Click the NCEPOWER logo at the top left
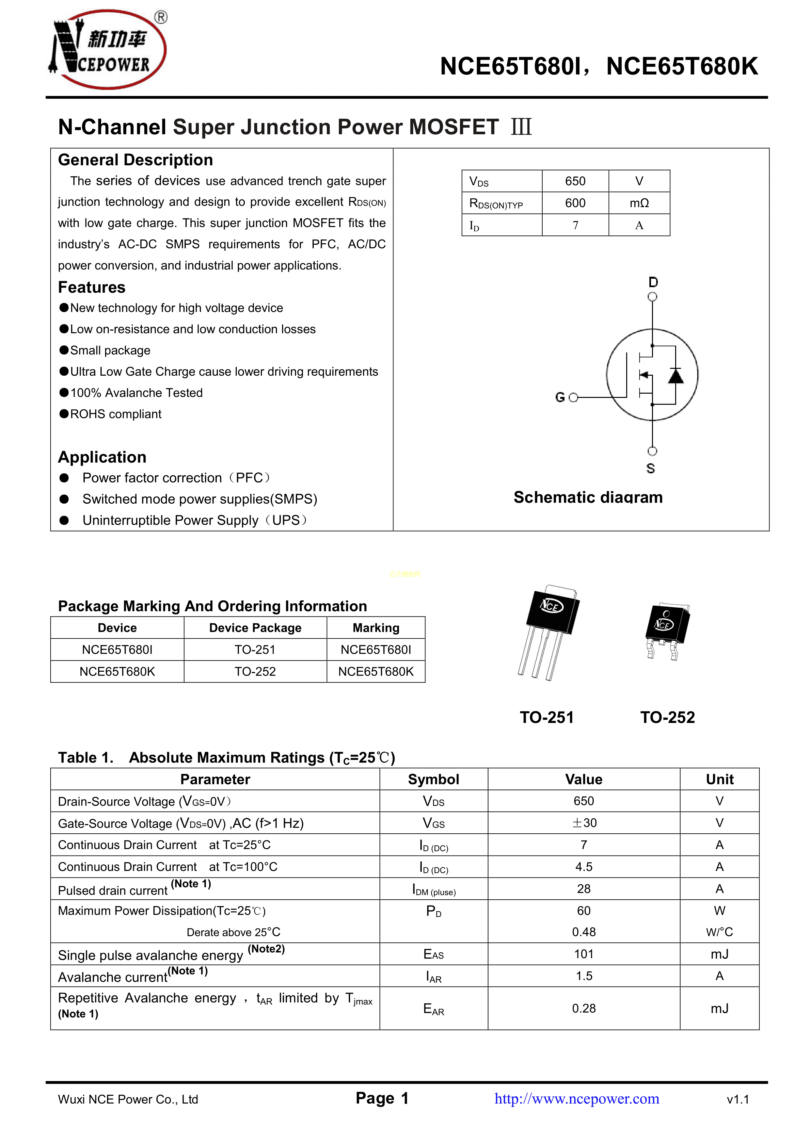coord(107,49)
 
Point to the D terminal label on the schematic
coord(653,283)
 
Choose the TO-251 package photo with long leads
coord(548,631)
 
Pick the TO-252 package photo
coord(667,630)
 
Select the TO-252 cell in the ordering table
coord(255,671)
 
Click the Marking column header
coord(376,628)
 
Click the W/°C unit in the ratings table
coord(719,932)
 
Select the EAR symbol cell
coord(434,1009)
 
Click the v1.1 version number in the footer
coord(738,1100)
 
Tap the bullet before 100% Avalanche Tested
coord(64,393)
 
